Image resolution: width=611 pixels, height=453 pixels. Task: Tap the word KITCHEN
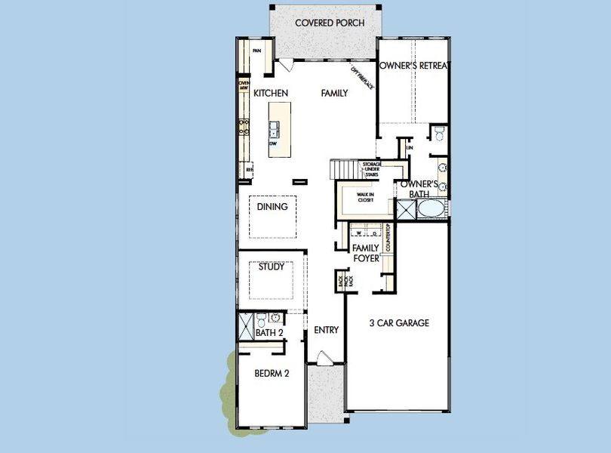click(272, 93)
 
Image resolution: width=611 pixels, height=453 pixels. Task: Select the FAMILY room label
click(334, 93)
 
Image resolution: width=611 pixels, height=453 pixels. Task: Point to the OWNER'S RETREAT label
click(414, 66)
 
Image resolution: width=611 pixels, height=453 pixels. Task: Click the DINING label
click(272, 206)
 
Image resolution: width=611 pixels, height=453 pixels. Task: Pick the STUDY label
click(271, 267)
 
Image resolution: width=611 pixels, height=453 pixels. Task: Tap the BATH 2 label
click(268, 332)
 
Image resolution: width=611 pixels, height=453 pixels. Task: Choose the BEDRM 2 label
click(272, 373)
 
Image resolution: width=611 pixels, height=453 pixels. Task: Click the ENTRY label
click(325, 329)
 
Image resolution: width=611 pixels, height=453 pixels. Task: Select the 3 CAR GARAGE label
click(399, 323)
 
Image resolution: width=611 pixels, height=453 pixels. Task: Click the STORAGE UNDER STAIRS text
click(371, 169)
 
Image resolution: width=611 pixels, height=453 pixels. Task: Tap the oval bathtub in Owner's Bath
click(432, 209)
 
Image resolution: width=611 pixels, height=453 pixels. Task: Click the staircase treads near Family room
click(343, 169)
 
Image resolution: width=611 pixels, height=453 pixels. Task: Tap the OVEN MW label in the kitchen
click(244, 85)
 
